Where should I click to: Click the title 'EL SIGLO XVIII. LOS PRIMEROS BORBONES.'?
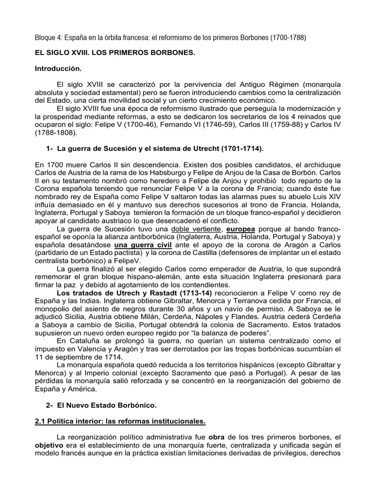(x=115, y=53)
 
